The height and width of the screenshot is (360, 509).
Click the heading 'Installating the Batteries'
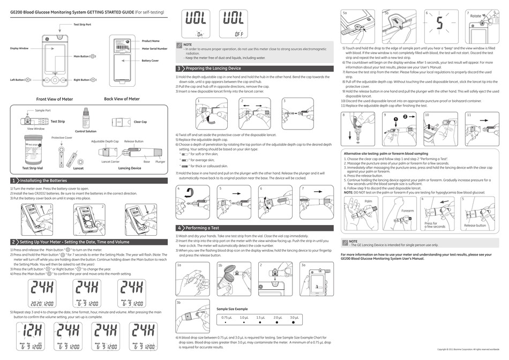pos(43,181)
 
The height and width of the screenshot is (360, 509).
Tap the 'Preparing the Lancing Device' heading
pos(213,69)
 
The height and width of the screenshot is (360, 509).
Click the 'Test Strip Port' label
pos(82,25)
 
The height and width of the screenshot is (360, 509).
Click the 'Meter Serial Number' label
pos(154,48)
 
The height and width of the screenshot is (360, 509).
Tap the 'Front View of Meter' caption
pos(54,99)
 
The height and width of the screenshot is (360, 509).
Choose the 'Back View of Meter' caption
pos(122,99)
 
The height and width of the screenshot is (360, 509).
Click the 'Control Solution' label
pos(86,131)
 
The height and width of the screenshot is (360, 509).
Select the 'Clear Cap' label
pos(140,122)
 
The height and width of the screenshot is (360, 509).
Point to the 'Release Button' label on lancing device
pos(133,141)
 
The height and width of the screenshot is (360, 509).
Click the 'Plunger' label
pos(160,161)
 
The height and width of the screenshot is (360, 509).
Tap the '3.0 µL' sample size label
pos(294,318)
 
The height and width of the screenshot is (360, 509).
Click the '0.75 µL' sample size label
pos(227,318)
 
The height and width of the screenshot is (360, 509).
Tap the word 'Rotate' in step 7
pos(475,16)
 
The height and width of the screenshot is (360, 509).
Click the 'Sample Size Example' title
pos(232,309)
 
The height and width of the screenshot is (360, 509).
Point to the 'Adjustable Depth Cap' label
pos(104,141)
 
